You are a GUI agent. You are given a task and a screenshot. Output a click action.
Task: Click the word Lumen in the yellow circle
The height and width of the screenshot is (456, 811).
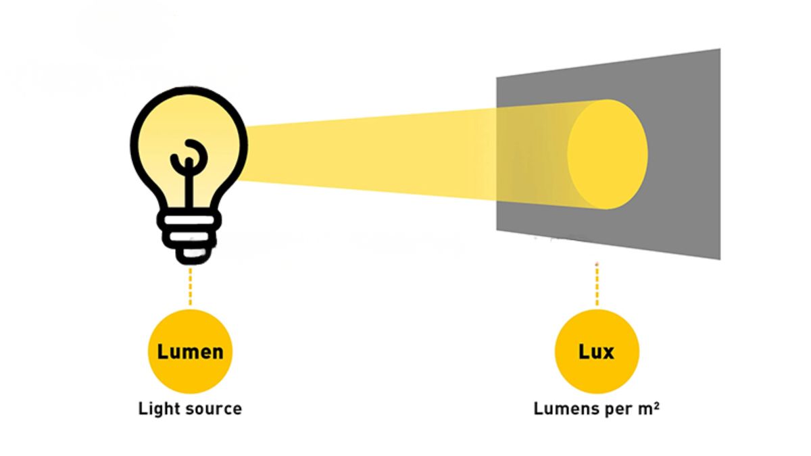(x=190, y=351)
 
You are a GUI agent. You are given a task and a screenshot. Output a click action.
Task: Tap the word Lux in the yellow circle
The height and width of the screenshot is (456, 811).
(x=596, y=351)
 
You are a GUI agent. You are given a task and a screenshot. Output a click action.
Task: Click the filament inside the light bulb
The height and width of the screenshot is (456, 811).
(x=189, y=169)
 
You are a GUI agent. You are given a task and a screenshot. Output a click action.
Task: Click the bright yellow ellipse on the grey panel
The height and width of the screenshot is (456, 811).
(x=608, y=154)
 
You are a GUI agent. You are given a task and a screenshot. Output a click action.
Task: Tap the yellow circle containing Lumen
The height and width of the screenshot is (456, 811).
(x=190, y=351)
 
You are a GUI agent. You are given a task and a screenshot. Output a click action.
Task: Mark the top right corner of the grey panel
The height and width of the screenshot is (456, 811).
(x=720, y=49)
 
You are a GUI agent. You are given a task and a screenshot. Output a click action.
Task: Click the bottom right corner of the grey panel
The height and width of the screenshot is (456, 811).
(x=720, y=259)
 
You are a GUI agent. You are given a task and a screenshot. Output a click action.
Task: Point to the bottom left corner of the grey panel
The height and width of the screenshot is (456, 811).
(x=497, y=230)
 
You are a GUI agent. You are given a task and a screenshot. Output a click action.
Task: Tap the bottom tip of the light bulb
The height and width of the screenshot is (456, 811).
(x=190, y=261)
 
